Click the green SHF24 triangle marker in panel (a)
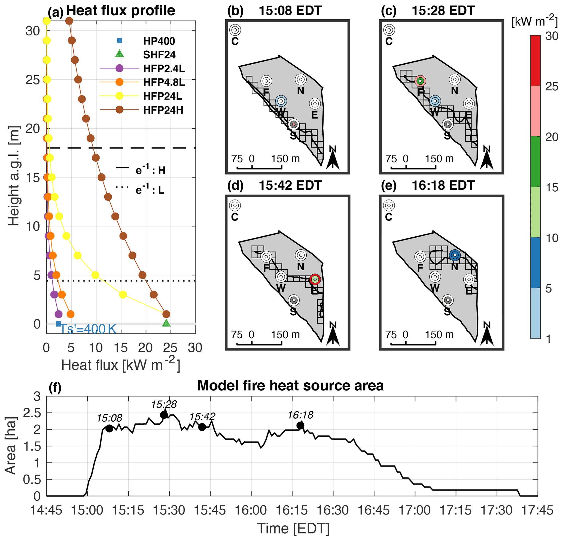point(166,323)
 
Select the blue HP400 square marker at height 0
point(58,324)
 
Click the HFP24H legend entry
point(163,110)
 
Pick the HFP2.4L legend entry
point(164,68)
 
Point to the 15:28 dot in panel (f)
point(164,415)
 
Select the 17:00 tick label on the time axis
point(415,510)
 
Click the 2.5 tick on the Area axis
point(32,413)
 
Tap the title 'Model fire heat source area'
point(290,385)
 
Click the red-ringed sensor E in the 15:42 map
point(315,279)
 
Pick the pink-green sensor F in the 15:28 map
point(420,81)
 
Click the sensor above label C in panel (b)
point(235,30)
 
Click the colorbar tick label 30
point(552,37)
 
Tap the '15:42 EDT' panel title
point(290,185)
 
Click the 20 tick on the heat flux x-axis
point(145,348)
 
